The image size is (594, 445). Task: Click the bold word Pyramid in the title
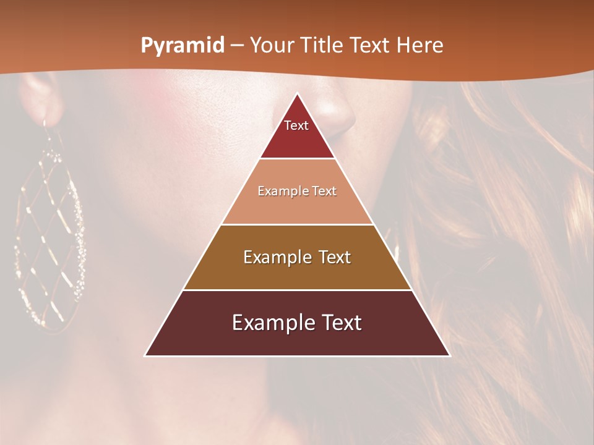click(x=183, y=46)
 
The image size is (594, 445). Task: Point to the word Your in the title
click(x=272, y=46)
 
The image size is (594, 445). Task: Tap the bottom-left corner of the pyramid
click(x=146, y=355)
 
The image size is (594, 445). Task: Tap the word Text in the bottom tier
click(x=341, y=323)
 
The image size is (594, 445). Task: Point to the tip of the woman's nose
click(x=337, y=117)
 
